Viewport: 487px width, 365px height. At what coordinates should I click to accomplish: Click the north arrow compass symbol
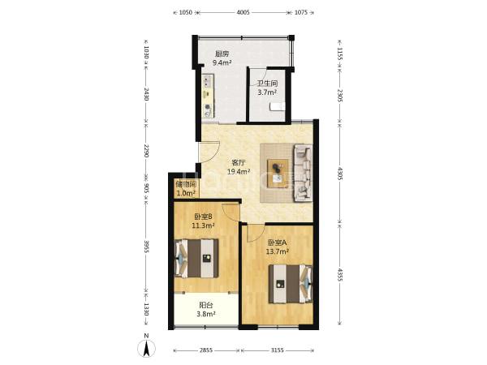[x=146, y=348]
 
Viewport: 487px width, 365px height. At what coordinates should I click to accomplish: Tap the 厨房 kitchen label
[x=222, y=54]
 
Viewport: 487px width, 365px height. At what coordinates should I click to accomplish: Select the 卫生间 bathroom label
[x=267, y=84]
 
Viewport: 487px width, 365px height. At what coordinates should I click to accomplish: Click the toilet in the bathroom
[x=277, y=106]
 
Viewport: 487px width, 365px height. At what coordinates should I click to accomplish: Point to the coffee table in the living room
[x=278, y=174]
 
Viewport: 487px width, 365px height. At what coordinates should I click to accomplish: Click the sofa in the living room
[x=303, y=173]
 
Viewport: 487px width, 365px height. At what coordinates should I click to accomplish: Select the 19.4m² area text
[x=239, y=172]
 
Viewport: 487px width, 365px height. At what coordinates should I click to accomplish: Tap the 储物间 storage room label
[x=186, y=184]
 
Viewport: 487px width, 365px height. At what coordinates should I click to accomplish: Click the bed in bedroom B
[x=196, y=258]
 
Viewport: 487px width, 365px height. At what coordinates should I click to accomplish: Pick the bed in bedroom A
[x=291, y=284]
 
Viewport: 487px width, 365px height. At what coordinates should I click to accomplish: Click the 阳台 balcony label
[x=206, y=305]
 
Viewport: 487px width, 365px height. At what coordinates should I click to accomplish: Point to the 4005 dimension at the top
[x=243, y=12]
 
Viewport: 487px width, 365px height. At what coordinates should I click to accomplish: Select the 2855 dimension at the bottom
[x=205, y=350]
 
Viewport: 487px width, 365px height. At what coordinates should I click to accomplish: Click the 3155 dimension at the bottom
[x=277, y=350]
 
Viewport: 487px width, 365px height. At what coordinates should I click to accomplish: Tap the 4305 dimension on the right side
[x=340, y=174]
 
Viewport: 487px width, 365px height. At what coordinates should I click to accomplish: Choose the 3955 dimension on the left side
[x=147, y=247]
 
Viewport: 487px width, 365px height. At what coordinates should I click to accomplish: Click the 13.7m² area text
[x=278, y=251]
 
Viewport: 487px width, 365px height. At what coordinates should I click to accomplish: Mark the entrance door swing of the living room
[x=210, y=152]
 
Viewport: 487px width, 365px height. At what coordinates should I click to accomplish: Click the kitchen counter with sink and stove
[x=209, y=96]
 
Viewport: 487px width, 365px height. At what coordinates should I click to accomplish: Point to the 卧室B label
[x=203, y=217]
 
